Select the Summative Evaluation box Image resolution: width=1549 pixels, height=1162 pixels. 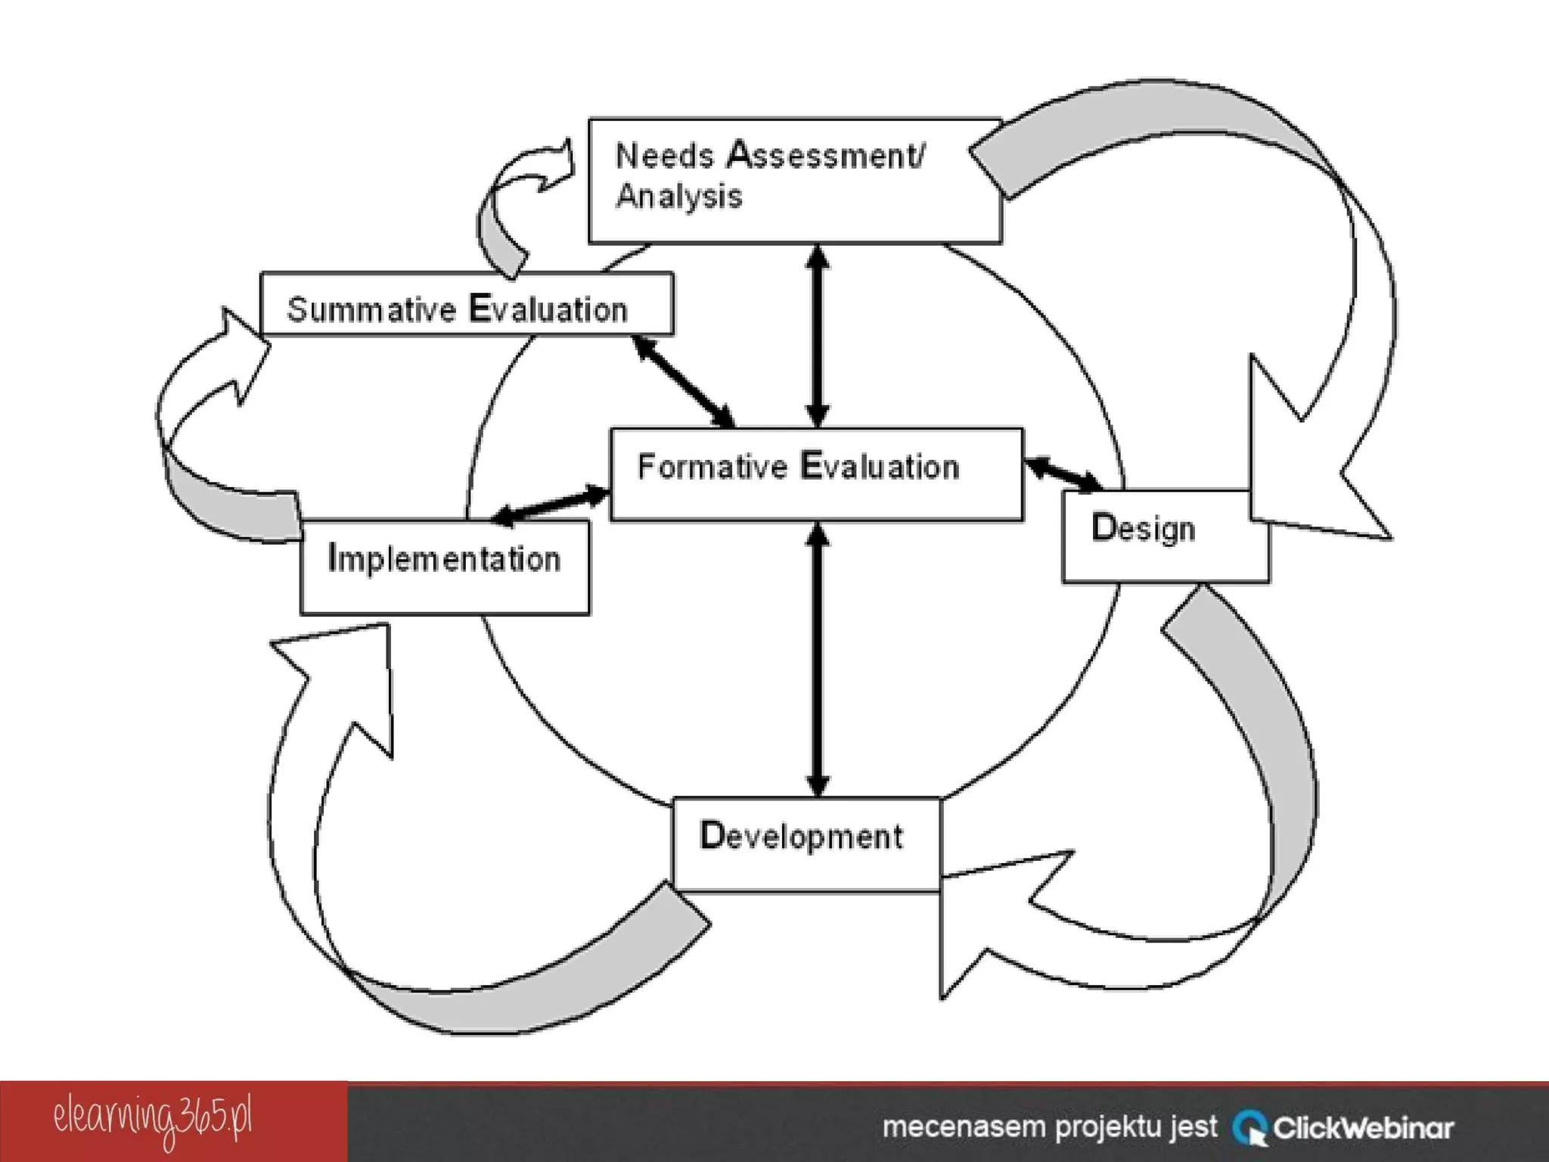tap(466, 304)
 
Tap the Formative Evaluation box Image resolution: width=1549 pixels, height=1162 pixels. tap(815, 474)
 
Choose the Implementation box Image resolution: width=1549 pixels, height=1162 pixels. tap(445, 567)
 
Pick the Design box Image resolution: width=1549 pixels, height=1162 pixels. tap(1165, 536)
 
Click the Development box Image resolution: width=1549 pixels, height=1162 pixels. tap(806, 843)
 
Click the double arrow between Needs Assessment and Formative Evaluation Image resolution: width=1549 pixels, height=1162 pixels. tap(817, 335)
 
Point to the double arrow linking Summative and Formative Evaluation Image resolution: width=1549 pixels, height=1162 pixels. tap(684, 381)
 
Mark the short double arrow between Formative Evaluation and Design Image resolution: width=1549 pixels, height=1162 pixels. tap(1063, 473)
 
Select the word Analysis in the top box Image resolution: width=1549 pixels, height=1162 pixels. tap(679, 197)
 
